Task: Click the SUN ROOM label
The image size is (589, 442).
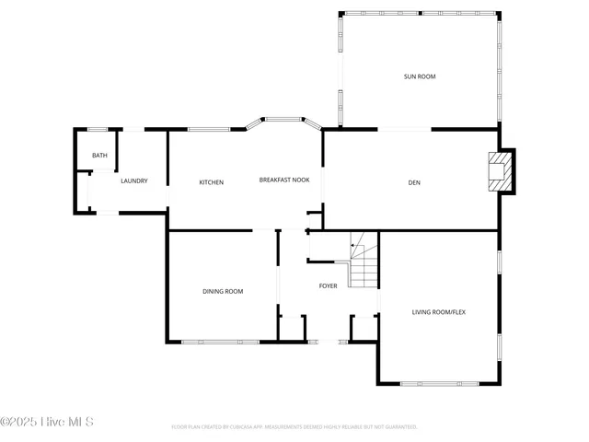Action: click(x=419, y=76)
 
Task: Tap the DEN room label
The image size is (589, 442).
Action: click(x=414, y=182)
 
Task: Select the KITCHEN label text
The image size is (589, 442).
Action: click(x=212, y=182)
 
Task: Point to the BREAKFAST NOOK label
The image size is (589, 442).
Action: click(x=283, y=180)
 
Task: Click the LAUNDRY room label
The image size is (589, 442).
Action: click(x=133, y=180)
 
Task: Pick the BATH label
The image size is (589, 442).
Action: click(x=99, y=156)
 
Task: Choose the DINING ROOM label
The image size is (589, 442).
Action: click(x=223, y=292)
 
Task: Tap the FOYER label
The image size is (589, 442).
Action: click(x=328, y=286)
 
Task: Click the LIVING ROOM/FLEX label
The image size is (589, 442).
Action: click(x=438, y=312)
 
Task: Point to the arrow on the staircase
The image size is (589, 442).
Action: click(x=353, y=246)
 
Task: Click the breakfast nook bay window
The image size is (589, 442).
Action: click(x=283, y=119)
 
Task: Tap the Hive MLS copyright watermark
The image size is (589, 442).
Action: click(x=47, y=422)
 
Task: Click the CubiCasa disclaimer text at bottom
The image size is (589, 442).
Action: click(x=294, y=427)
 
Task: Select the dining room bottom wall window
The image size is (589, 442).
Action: click(x=220, y=342)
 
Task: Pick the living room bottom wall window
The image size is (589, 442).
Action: click(x=439, y=383)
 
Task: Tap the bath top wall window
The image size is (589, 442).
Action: click(x=97, y=129)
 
